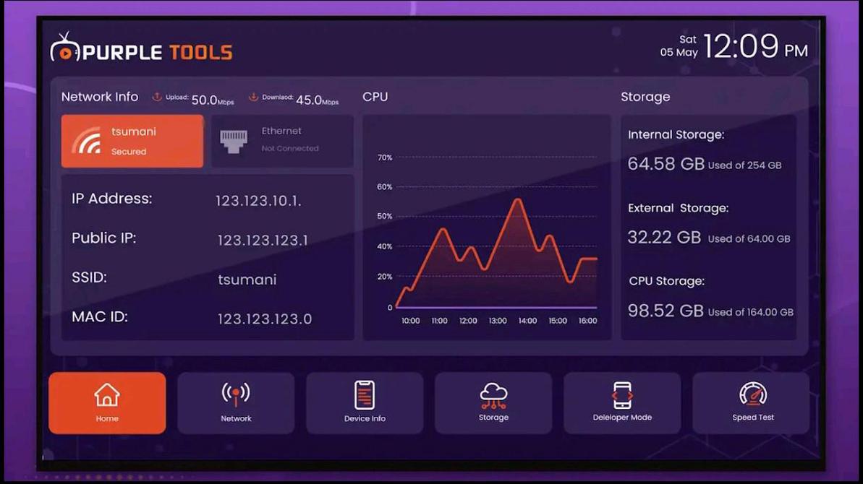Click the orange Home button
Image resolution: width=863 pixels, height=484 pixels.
pos(107,402)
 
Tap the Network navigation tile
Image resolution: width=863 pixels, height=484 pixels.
pos(236,402)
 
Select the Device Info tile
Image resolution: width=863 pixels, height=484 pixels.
pos(365,402)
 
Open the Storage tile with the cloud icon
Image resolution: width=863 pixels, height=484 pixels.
pos(493,402)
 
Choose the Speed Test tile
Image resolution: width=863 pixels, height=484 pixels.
pos(752,402)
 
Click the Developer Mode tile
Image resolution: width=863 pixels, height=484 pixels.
pos(622,402)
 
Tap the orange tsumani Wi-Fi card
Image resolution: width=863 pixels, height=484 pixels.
pos(132,141)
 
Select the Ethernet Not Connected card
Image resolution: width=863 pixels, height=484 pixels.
pos(282,141)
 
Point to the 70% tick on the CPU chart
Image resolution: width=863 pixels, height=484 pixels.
pos(385,157)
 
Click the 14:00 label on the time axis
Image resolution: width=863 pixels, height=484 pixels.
pos(527,321)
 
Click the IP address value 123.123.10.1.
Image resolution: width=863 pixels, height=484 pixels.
pos(258,202)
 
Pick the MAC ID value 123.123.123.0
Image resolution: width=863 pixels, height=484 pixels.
pos(265,319)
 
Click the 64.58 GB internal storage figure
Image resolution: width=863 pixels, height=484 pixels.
pos(666,164)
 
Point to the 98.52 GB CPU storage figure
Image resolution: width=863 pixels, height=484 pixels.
pos(666,311)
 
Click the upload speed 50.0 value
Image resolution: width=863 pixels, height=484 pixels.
pos(205,100)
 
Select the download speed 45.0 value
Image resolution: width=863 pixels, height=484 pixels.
pos(309,100)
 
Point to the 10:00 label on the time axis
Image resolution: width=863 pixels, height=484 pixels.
pos(410,321)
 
